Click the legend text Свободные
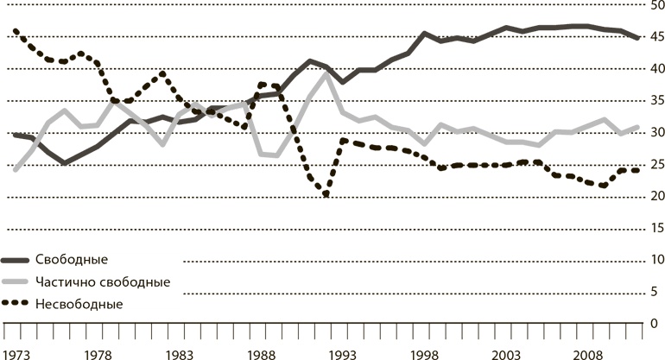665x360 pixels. [x=72, y=260]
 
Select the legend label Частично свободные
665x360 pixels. [x=102, y=282]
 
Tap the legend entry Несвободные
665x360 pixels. [x=79, y=304]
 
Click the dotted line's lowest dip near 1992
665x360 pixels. [x=326, y=195]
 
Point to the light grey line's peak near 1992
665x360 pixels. [x=326, y=73]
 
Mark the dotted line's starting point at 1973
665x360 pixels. [x=16, y=31]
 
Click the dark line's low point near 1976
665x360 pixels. [x=64, y=162]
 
